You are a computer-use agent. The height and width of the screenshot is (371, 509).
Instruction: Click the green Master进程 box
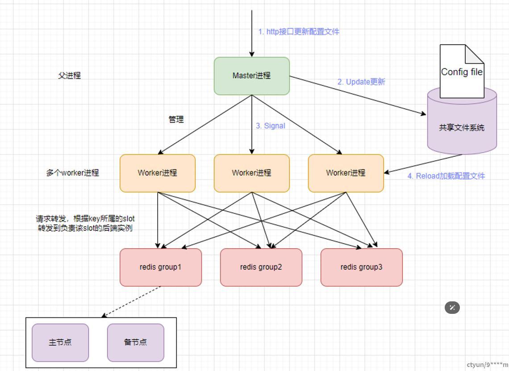251,76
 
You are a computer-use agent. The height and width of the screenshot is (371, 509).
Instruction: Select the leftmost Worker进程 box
157,173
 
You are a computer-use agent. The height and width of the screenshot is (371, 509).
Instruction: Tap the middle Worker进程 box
251,173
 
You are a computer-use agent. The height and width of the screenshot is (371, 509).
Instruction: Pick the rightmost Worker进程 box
346,173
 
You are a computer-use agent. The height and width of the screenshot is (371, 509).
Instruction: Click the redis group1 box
160,267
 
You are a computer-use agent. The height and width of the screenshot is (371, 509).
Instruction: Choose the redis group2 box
261,267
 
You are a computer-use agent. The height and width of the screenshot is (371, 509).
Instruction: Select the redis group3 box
361,267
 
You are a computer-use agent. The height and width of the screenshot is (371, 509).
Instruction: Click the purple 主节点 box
60,342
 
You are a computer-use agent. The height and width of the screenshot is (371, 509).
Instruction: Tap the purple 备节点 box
135,342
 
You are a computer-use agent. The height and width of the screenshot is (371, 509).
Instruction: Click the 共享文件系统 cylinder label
462,128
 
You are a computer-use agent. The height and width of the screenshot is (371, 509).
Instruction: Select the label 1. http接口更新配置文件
299,32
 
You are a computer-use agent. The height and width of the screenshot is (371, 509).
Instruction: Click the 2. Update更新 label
361,82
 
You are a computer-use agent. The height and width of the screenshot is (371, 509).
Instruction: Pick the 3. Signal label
270,126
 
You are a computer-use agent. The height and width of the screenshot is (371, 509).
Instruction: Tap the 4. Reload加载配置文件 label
446,176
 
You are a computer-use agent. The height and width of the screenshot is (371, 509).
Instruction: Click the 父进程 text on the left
69,76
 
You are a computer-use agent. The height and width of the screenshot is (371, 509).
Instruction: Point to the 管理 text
176,120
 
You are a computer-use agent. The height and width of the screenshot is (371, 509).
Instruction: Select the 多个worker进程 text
72,173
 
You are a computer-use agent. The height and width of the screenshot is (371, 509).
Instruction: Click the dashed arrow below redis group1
132,301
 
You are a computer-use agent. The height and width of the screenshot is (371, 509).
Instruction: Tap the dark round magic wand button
452,308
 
